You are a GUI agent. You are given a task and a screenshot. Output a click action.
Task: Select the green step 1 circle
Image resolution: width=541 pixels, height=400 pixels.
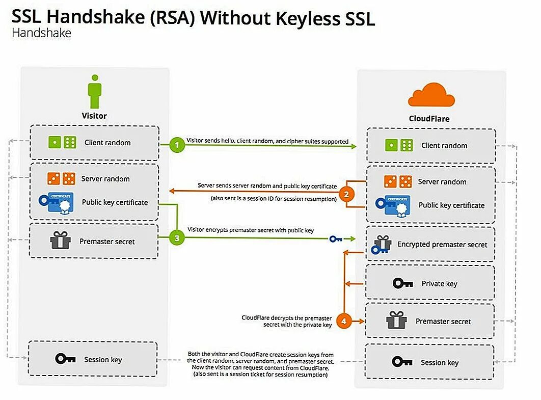pos(177,145)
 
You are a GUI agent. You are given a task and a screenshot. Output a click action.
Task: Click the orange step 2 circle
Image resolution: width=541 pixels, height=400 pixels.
pos(346,194)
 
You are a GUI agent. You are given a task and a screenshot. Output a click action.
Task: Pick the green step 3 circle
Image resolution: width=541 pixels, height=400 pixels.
pos(177,237)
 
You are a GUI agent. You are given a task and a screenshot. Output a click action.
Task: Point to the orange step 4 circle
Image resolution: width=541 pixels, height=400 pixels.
pos(344,321)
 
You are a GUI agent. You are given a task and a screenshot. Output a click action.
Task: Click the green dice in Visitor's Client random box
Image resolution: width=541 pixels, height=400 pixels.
pos(62,143)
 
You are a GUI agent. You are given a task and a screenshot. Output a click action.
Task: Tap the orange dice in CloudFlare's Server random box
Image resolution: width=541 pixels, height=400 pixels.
pos(398,181)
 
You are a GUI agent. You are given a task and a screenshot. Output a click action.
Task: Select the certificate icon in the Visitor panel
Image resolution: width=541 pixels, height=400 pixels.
pos(57,202)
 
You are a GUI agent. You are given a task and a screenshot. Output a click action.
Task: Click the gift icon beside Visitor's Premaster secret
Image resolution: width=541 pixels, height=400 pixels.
pos(60,241)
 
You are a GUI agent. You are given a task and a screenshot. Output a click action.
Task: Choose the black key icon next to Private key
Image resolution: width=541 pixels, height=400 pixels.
pos(402,283)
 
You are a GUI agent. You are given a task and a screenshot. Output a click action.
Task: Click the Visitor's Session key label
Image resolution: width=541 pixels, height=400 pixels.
pos(103,359)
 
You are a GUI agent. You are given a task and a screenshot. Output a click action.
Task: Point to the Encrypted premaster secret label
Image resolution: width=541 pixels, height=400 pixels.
pos(442,245)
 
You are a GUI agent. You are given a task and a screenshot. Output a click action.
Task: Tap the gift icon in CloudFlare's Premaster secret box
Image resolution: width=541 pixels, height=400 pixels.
pos(396,321)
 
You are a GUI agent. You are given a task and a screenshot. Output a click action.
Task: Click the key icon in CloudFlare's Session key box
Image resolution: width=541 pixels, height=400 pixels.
pos(402,362)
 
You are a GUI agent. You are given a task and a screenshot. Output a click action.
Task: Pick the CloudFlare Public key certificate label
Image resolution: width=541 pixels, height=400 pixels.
pos(451,205)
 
